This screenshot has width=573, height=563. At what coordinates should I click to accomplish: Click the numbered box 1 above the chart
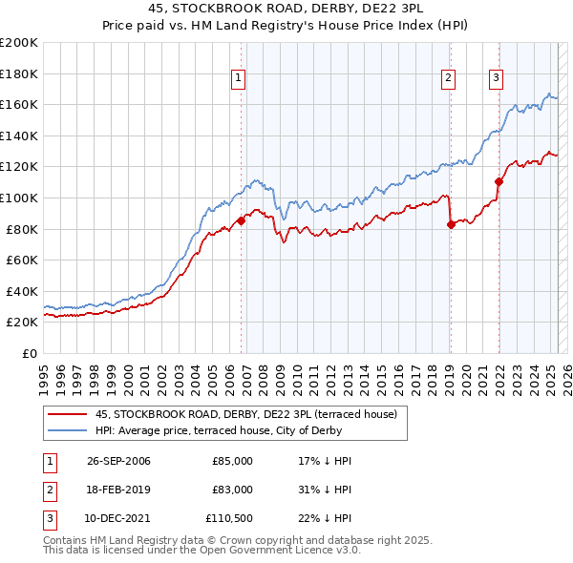(x=238, y=79)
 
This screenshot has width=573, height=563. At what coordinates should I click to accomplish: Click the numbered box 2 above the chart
(x=448, y=79)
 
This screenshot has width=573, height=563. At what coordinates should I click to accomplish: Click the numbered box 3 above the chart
(x=497, y=79)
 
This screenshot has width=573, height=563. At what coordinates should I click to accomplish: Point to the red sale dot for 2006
(x=241, y=221)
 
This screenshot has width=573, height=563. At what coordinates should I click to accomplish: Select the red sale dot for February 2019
(x=451, y=224)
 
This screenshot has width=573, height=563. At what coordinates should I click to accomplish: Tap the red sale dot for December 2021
(x=499, y=181)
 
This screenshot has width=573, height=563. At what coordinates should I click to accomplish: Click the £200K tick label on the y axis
(x=19, y=43)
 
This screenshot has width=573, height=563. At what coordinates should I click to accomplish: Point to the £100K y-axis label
(x=19, y=198)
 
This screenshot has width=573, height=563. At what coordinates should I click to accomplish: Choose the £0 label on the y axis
(x=29, y=353)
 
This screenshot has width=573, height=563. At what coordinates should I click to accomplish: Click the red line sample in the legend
(x=66, y=414)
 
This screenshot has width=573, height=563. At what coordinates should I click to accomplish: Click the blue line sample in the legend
(x=66, y=430)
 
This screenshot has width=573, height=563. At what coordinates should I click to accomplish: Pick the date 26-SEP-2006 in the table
(x=118, y=461)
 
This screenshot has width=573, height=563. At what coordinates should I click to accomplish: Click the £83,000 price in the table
(x=233, y=489)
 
